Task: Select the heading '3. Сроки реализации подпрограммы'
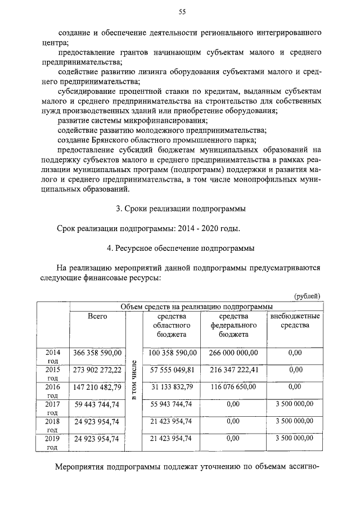pos(181,209)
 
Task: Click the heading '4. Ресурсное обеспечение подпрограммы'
pos(181,247)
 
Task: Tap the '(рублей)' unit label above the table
pos(307,295)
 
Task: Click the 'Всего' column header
pos(97,317)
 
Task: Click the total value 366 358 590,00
pos(97,353)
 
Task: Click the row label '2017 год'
pos(52,408)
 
